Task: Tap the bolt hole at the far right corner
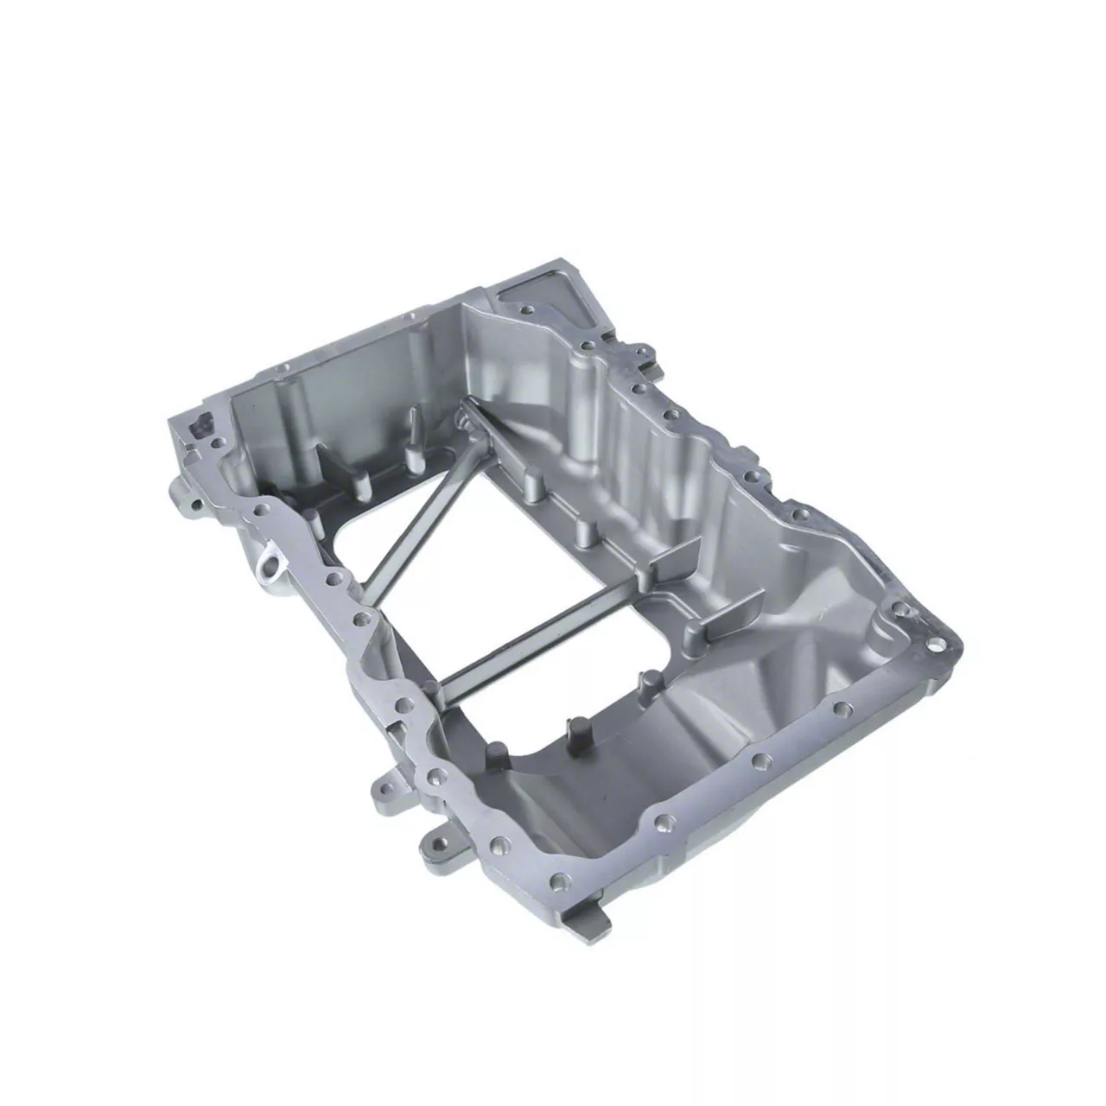(x=937, y=644)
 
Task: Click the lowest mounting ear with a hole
(x=441, y=842)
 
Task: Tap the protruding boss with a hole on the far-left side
(x=185, y=501)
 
